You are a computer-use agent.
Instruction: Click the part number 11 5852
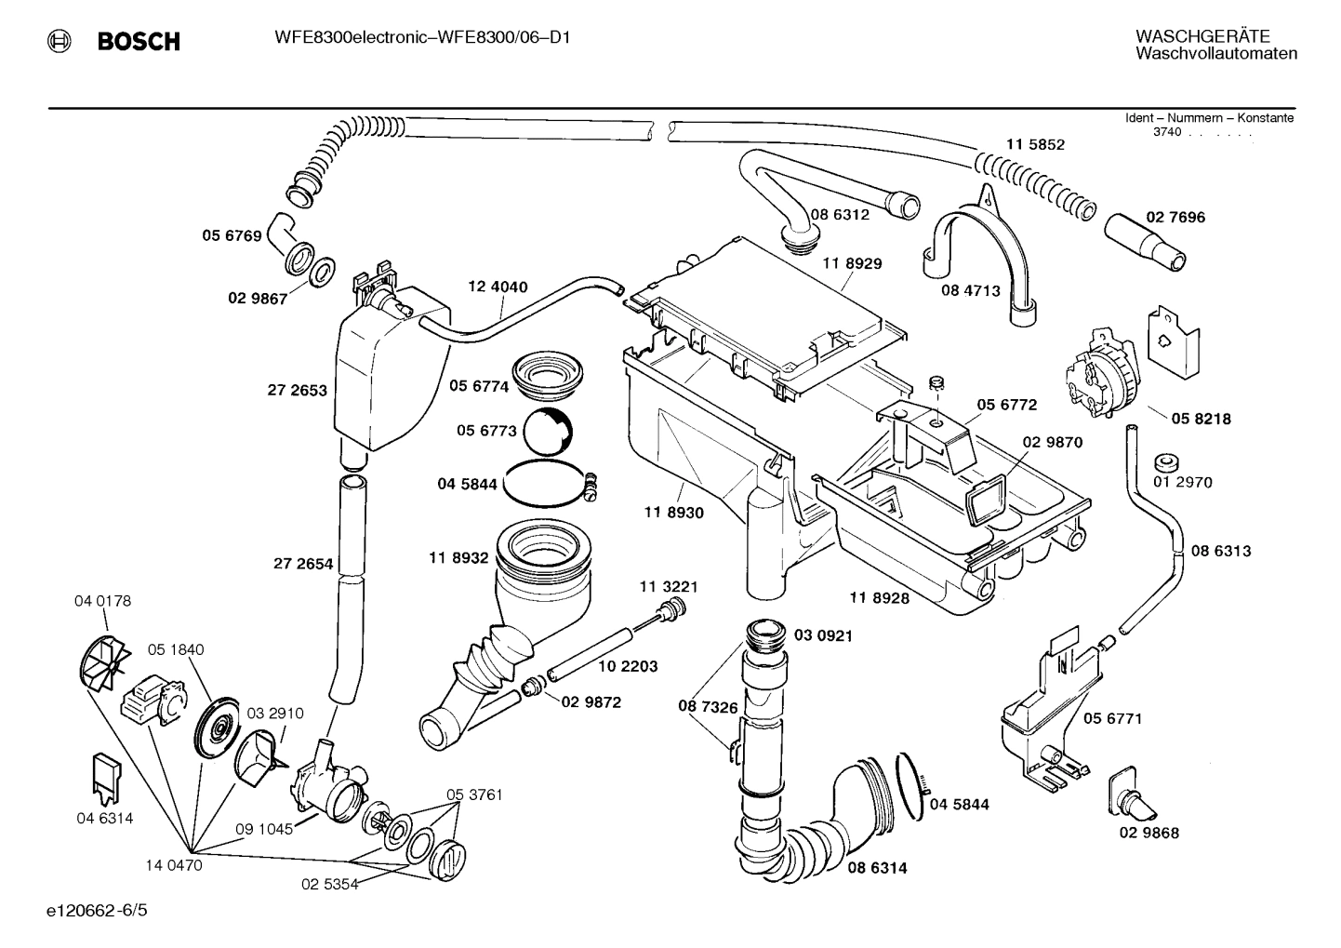pos(1035,144)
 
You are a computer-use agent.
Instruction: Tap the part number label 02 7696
pos(1175,217)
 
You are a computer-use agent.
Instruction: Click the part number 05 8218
pos(1201,419)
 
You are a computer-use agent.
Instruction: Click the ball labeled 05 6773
pos(548,430)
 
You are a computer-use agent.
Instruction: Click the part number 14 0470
pos(173,865)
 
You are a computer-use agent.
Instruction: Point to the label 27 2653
pos(298,391)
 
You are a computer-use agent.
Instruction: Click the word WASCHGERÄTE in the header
pos(1202,36)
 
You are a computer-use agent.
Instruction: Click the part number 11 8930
pos(673,513)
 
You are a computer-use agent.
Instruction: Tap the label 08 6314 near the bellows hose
pos(876,868)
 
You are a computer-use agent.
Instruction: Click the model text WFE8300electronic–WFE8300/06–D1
pos(422,38)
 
